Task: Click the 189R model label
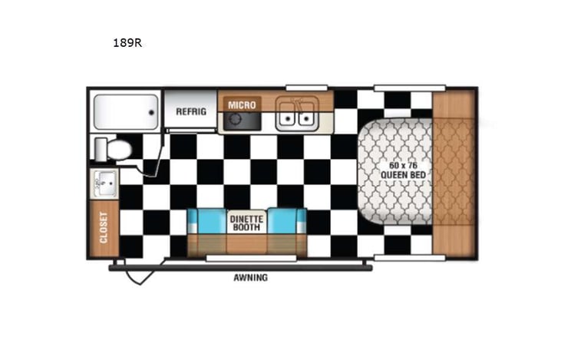127,43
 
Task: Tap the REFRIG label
190,111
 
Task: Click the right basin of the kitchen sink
306,119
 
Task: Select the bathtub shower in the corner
125,112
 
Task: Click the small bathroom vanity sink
104,184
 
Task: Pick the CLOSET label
104,227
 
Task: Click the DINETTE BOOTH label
246,222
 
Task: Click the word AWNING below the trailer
251,277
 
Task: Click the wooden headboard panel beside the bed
454,173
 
